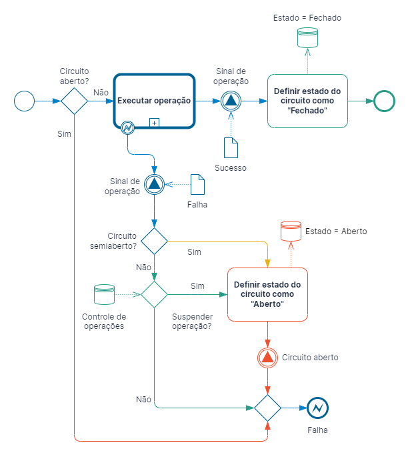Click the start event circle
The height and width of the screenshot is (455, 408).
coord(25,101)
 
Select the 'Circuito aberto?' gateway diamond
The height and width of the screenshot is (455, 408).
coord(74,101)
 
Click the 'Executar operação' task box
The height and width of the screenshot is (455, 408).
coord(154,101)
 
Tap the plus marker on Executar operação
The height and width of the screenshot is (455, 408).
coord(154,123)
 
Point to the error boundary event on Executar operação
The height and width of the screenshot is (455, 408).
coord(127,127)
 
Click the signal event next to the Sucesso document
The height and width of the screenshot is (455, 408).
coord(231,101)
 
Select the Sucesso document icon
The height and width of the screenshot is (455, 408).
coord(231,147)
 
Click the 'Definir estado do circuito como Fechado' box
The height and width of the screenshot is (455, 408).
coord(307,101)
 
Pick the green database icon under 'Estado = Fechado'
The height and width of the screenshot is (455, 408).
coord(308,37)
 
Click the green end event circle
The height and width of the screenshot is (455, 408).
coord(384,101)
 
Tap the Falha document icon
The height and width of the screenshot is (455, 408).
coord(197,184)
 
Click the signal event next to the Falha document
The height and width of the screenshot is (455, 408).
coord(154,184)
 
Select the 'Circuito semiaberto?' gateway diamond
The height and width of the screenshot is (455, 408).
coord(154,241)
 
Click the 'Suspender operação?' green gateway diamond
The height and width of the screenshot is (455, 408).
coord(154,294)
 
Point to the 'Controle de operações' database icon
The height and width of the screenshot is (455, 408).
coord(105,294)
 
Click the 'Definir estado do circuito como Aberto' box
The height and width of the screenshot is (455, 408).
coord(267,294)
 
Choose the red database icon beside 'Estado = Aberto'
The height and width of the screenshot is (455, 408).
coord(291,231)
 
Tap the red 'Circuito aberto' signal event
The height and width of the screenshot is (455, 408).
coord(267,358)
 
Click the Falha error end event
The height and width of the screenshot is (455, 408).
coord(318,408)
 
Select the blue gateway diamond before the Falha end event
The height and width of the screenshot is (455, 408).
coord(267,408)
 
